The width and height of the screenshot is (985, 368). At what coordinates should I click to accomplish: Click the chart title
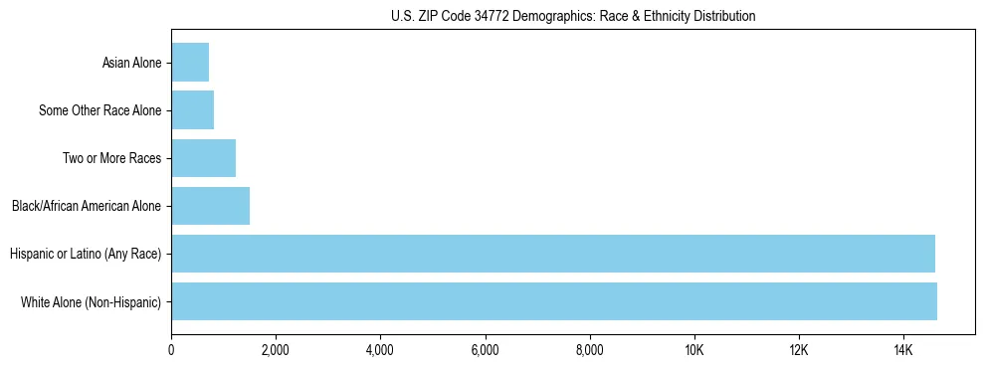coord(572,16)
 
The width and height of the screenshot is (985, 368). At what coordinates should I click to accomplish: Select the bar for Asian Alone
coord(190,63)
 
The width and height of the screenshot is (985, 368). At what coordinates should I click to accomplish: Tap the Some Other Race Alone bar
coord(192,110)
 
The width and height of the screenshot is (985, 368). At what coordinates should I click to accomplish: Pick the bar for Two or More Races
coord(203,158)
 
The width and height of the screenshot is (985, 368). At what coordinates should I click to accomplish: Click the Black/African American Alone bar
coord(210,206)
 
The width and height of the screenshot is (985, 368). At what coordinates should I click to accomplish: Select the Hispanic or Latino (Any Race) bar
coord(553,254)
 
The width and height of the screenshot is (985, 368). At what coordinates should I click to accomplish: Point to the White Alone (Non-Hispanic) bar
coord(554,301)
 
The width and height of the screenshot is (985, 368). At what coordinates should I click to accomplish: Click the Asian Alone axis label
coord(131,64)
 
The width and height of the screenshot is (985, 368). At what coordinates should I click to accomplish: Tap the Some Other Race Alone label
coord(99,111)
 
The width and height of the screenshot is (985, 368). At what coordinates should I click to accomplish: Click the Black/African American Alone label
coord(87,207)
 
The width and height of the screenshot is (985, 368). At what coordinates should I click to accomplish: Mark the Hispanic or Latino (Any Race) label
coord(86,255)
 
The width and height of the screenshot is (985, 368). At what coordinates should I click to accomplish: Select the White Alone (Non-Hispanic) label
coord(91,302)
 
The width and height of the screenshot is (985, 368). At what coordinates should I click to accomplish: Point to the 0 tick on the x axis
coord(171,350)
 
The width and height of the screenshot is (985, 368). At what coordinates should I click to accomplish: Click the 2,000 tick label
coord(276,350)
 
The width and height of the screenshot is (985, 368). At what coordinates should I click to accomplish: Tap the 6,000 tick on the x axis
coord(485,350)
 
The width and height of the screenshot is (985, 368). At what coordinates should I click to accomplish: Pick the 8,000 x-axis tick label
coord(589,350)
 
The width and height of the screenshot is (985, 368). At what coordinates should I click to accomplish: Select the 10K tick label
coord(694,350)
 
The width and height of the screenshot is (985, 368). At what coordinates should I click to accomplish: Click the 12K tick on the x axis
coord(799,350)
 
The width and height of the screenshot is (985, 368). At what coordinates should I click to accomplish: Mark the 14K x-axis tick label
coord(903,350)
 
